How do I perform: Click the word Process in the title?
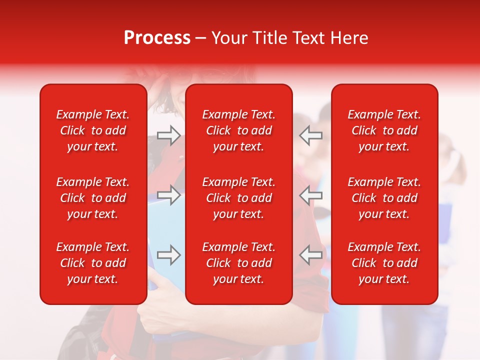pos(157,38)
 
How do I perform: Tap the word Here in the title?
pos(349,38)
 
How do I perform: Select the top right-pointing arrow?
pos(169,135)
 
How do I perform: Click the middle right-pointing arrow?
pos(169,195)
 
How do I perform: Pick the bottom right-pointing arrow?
pos(169,255)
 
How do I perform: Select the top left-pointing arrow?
pos(311,135)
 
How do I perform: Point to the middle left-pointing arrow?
pos(311,195)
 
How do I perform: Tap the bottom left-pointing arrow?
pos(311,255)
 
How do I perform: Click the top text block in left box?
pos(93,130)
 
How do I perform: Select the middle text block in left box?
pos(93,198)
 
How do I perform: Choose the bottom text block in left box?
pos(93,263)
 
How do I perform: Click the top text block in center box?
pos(239,130)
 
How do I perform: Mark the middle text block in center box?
pos(239,198)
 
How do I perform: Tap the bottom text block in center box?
pos(239,263)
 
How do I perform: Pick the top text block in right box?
pos(384,130)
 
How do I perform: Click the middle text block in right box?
pos(384,198)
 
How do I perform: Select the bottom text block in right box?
pos(384,263)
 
